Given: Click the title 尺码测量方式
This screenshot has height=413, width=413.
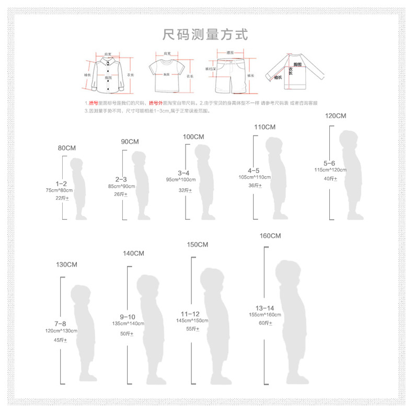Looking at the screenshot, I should point(205,35).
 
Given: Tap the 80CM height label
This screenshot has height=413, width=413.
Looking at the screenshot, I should point(66,148).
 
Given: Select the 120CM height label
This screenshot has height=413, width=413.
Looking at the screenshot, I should point(336,116).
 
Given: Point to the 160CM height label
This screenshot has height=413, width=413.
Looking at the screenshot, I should point(270,236).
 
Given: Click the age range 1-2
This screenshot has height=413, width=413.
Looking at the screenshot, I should point(61,183).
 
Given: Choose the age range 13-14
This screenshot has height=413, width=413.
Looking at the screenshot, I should point(265,308).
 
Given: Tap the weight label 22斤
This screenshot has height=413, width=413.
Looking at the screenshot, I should point(61,198).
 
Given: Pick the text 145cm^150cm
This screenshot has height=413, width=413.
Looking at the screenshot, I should point(192,320).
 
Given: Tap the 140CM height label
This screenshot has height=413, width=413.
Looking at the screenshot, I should point(133,254).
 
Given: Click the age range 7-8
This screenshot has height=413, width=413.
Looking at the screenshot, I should point(61,324).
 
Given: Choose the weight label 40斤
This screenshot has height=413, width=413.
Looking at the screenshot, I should point(330,179).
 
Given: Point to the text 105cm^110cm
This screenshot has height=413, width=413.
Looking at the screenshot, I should point(254,177).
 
